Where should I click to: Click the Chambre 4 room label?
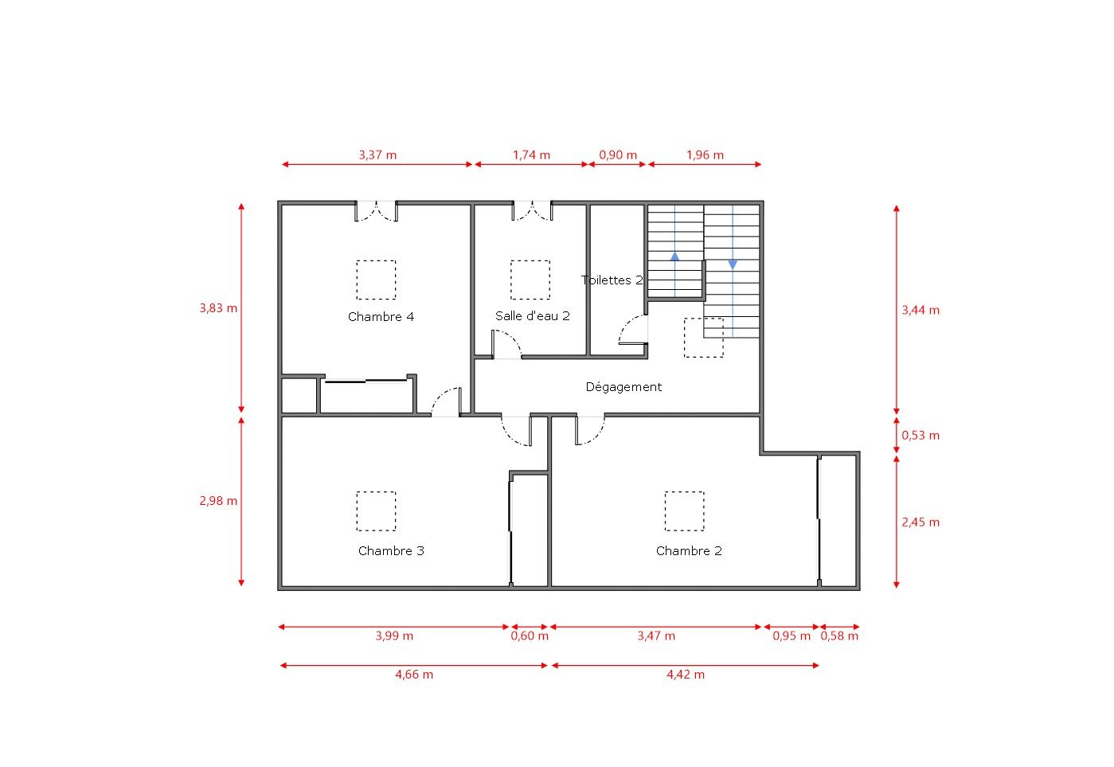381,317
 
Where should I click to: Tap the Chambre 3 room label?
391,551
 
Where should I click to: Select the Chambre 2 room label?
689,551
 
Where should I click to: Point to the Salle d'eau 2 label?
532,316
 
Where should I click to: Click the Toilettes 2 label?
612,280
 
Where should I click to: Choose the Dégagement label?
623,387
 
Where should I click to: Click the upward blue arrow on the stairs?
675,256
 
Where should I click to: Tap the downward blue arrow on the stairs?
733,264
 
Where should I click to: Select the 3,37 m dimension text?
377,155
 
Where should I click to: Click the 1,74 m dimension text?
531,155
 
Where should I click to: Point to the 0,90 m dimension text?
618,155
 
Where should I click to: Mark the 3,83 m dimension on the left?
218,308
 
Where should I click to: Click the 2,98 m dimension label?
218,502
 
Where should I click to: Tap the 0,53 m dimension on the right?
921,436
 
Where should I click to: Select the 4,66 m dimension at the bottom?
414,675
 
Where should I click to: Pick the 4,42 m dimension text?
686,675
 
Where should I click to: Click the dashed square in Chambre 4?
376,280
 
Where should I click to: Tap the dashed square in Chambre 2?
685,511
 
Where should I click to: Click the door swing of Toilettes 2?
633,331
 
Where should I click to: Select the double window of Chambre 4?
376,211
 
